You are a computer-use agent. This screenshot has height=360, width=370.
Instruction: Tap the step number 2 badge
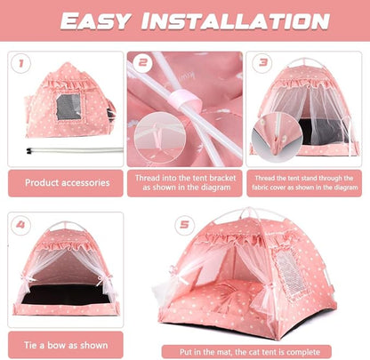[142, 63]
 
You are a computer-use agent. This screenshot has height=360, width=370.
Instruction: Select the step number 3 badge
[263, 63]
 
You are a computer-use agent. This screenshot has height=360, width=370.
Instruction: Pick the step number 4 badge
[21, 225]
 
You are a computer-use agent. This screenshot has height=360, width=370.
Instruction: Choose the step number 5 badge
[185, 225]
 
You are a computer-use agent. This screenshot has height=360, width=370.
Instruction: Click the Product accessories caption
[67, 183]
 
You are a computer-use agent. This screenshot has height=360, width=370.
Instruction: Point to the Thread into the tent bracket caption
[186, 182]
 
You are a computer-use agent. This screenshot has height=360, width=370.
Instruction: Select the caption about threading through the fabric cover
[305, 182]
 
